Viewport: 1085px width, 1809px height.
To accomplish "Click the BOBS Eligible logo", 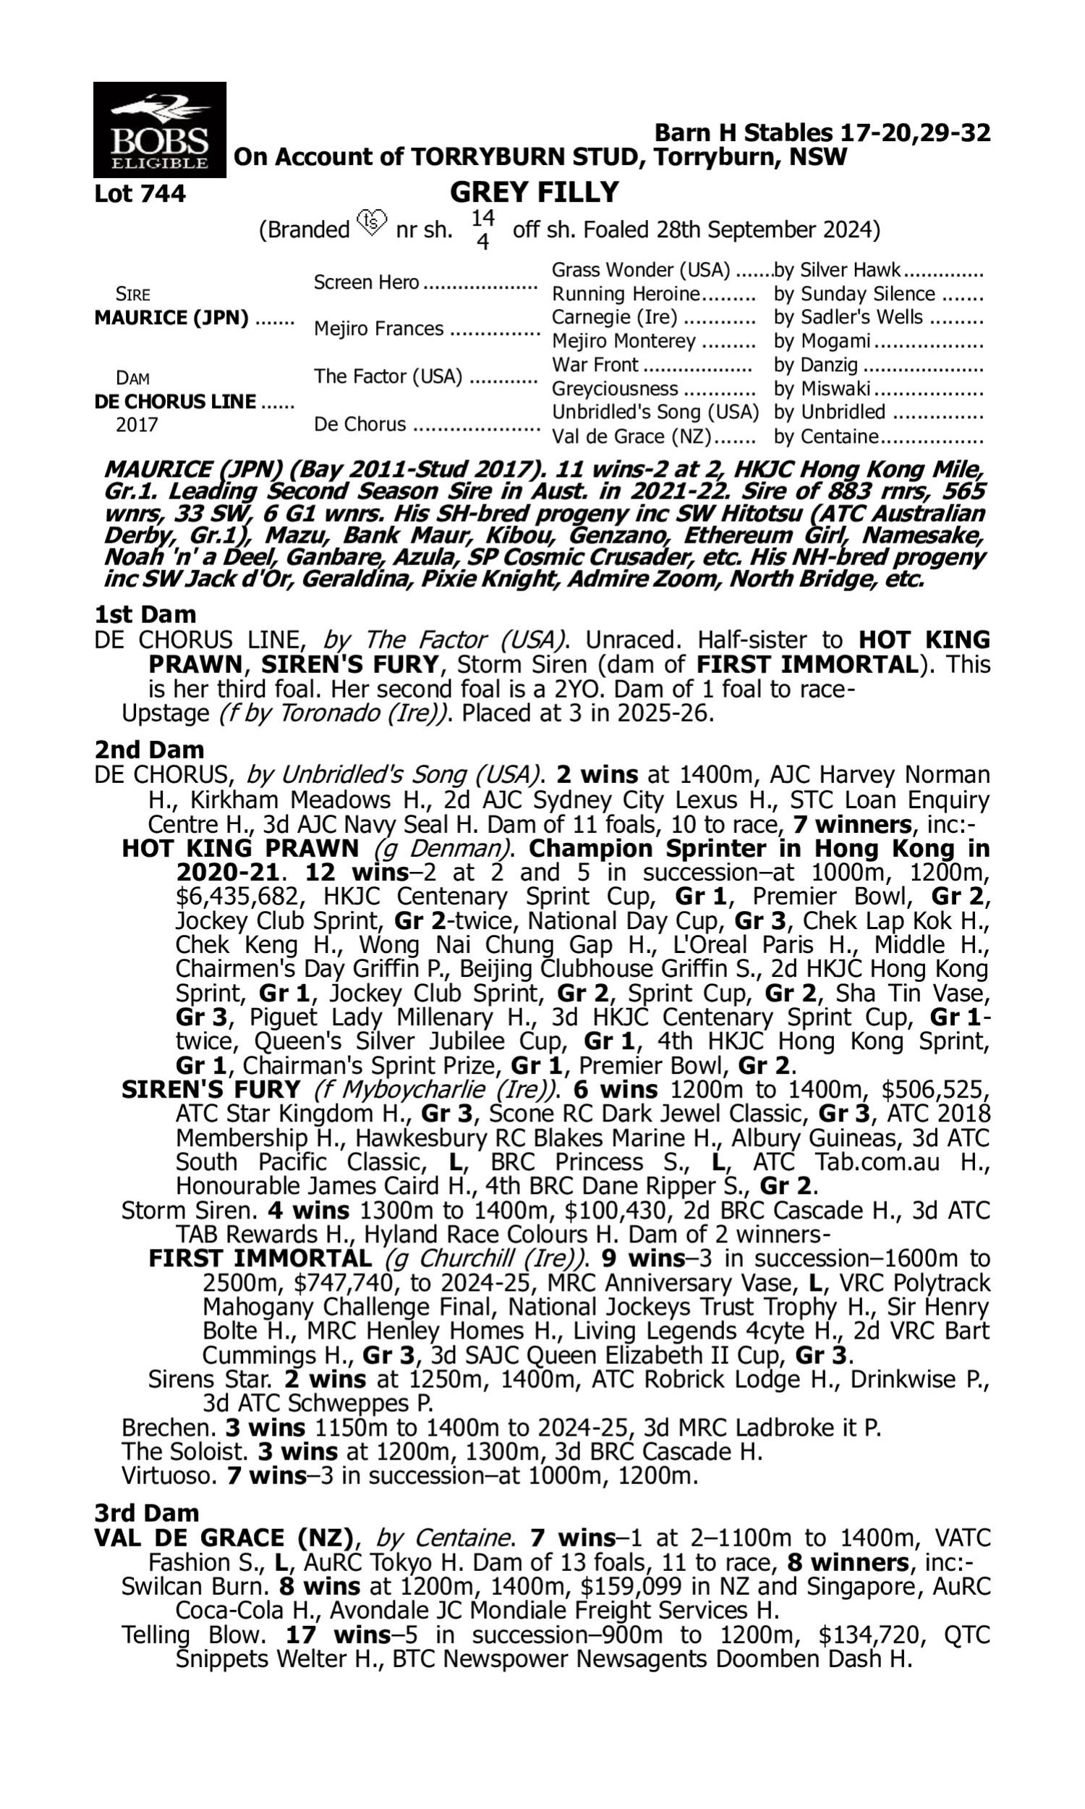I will (159, 130).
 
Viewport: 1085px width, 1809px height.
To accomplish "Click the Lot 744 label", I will (140, 194).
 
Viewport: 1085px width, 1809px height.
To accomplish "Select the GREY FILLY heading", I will (534, 192).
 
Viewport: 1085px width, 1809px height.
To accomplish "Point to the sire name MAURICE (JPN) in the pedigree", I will (171, 318).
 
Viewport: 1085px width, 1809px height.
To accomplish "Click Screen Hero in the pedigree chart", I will (365, 283).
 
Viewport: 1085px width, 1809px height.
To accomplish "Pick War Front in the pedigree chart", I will (595, 365).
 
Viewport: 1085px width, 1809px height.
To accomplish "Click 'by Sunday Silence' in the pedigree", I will (854, 294).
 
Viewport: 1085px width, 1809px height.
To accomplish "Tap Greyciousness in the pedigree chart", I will (614, 389).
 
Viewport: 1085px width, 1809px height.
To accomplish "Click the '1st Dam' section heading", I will (145, 614).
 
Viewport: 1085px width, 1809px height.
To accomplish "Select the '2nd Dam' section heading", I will (148, 750).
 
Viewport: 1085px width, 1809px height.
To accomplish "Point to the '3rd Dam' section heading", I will (146, 1513).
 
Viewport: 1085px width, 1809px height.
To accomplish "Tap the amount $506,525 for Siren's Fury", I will (935, 1090).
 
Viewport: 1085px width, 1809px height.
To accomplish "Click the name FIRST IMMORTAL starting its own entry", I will (260, 1258).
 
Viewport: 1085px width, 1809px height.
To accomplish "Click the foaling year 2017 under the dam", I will (137, 425).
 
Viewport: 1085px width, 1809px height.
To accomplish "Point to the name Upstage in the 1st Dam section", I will (165, 713).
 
